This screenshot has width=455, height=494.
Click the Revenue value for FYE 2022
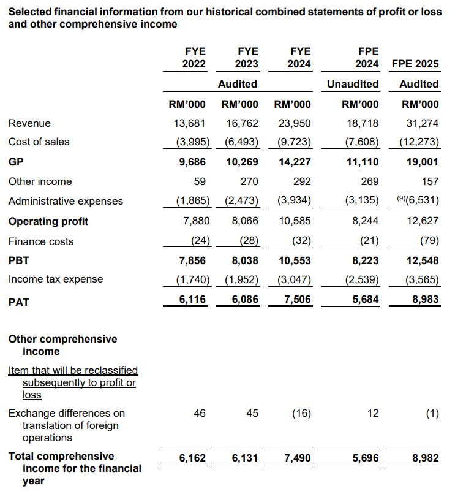[191, 123]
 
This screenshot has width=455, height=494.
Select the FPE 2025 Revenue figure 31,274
[423, 123]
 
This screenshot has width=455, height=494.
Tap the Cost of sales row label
[39, 142]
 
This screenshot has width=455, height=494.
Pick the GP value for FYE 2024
[295, 162]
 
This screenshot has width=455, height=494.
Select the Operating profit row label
[48, 221]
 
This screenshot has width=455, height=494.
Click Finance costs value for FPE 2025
[428, 241]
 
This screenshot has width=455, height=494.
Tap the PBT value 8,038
[243, 260]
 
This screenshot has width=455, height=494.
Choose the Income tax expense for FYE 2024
[295, 279]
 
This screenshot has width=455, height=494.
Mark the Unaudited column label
[353, 84]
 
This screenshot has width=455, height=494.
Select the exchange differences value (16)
[300, 414]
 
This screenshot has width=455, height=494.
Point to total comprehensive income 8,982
[423, 458]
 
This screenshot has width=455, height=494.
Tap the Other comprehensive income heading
[62, 345]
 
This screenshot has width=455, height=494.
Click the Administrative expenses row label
[66, 201]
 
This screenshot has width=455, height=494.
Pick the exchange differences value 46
[200, 414]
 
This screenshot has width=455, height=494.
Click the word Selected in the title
[30, 11]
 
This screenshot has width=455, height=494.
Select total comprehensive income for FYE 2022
[191, 458]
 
